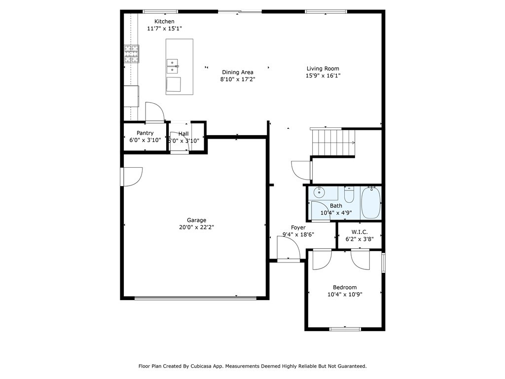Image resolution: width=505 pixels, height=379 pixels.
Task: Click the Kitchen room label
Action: click(164, 22)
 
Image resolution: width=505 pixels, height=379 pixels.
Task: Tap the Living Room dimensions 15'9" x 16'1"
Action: click(323, 76)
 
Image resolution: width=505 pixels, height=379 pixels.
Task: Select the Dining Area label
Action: click(238, 72)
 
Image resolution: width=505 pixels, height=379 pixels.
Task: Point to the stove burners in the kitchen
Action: click(132, 54)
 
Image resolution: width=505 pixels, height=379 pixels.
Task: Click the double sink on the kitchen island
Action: click(172, 66)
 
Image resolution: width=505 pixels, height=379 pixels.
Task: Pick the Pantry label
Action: click(145, 133)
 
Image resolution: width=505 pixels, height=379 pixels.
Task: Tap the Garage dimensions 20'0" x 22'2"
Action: click(196, 227)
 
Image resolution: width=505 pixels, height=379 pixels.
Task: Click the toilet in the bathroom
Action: click(349, 194)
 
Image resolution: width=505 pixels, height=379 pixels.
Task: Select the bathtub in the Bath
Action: click(371, 202)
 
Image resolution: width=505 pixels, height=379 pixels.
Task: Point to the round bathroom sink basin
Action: click(319, 193)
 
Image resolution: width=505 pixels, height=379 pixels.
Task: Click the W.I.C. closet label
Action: click(360, 232)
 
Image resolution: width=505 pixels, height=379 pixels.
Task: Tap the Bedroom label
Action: click(345, 288)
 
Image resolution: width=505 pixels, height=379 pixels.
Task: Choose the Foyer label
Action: click(298, 227)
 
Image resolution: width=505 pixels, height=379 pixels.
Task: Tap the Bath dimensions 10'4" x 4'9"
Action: click(336, 213)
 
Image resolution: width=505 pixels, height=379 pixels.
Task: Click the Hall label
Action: click(183, 134)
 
